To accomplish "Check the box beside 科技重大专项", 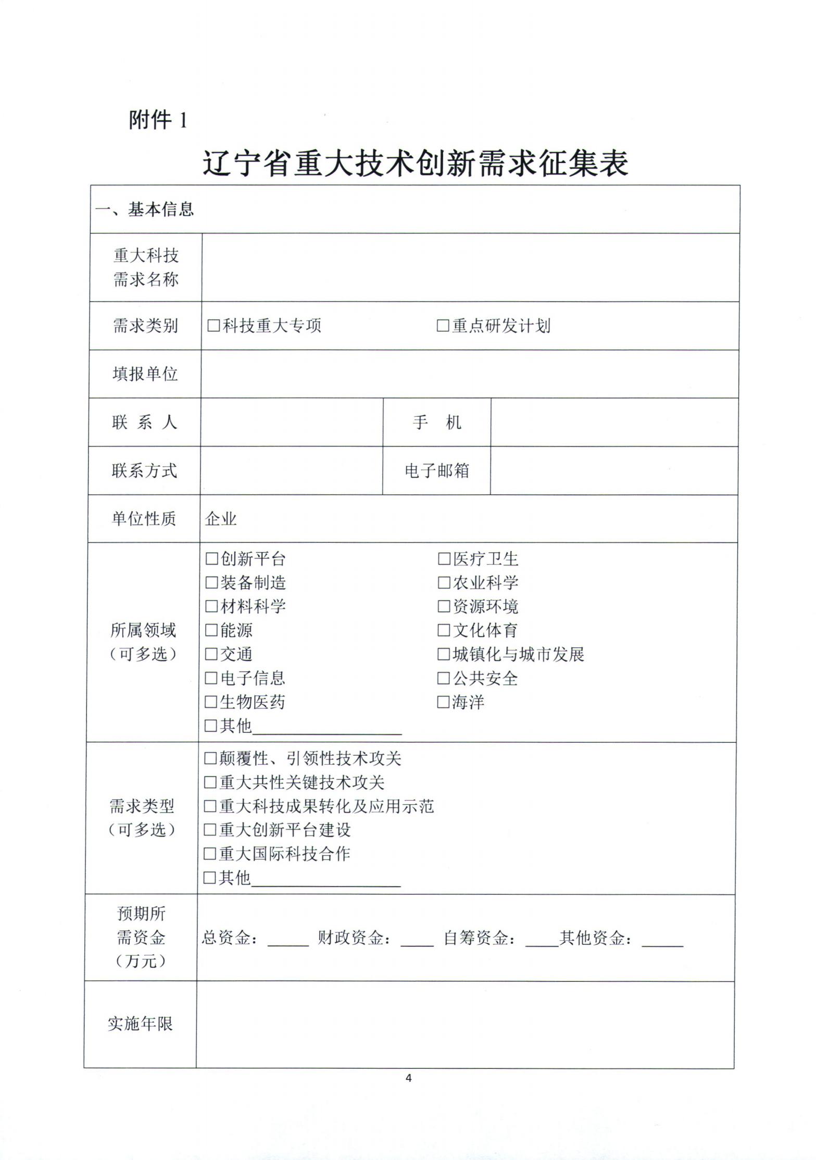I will pos(214,326).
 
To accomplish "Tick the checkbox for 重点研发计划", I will pos(443,326).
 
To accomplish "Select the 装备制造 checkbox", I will pos(211,582).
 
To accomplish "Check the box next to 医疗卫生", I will pos(444,559).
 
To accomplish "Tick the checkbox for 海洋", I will pos(443,702).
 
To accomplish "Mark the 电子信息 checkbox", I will pos(211,678).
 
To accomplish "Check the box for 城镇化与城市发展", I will pos(444,654).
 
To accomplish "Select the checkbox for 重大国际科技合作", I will pos(210,854).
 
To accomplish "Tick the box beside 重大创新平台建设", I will pos(210,830).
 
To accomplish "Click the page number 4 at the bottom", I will pos(408,1078).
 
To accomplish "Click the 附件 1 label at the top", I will pos(157,120).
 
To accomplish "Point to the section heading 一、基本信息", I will pos(144,209).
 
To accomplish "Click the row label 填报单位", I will pos(145,374).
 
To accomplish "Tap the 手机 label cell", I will pos(437,422).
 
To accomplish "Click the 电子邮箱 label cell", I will pos(437,471).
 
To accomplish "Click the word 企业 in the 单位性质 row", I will pos(221,519).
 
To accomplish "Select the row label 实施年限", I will pos(140,1024).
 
